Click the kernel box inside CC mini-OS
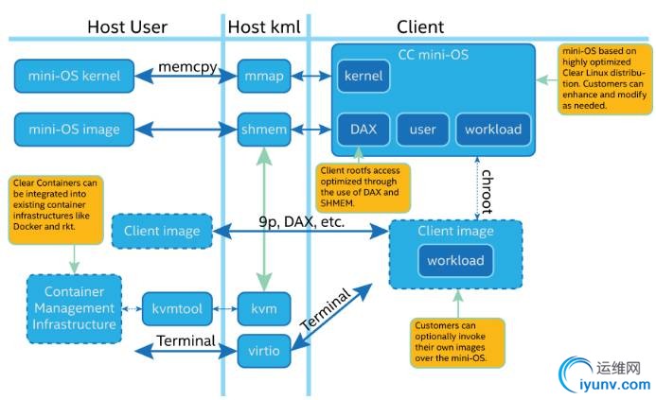point(363,76)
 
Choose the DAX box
point(363,129)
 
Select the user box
point(422,129)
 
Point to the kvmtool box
point(179,309)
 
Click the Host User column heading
point(127,26)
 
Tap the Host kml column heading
point(264,26)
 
